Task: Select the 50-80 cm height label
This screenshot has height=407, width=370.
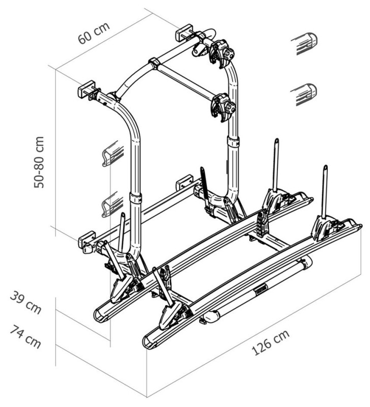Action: point(40,162)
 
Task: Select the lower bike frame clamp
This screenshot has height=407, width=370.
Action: point(223,107)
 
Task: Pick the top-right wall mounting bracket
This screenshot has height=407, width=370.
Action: point(183,32)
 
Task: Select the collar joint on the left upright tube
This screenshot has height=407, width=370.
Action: point(136,198)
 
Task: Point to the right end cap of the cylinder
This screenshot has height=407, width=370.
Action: point(307,262)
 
